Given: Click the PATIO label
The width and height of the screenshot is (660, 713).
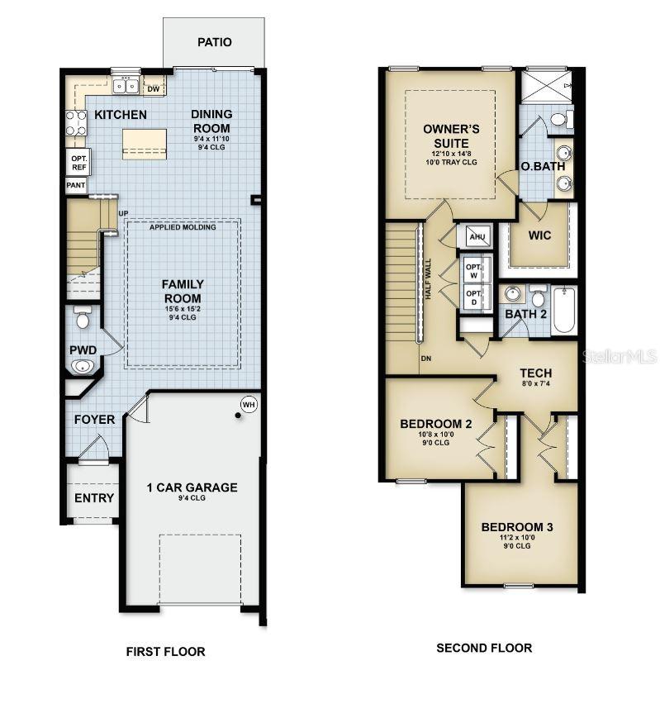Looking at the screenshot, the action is click(215, 42).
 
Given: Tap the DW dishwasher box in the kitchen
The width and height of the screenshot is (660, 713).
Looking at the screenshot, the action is click(154, 89).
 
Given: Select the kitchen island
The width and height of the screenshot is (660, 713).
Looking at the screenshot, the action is click(144, 144).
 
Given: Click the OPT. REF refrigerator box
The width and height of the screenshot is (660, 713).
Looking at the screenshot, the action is click(78, 163).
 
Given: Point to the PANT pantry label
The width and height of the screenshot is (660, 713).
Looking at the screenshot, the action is click(75, 185).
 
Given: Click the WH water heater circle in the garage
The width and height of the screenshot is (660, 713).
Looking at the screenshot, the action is click(249, 405).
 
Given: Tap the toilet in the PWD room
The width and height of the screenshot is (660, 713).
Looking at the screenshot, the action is click(83, 317).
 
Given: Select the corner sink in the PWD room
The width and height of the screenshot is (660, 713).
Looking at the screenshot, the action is click(83, 367).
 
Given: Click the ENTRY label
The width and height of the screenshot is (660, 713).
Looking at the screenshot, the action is click(94, 498).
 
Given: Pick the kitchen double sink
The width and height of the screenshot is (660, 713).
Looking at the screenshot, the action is click(126, 85).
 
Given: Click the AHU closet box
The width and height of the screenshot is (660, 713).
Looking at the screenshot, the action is click(477, 236).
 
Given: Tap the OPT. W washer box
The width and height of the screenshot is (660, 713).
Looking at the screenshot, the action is click(474, 270).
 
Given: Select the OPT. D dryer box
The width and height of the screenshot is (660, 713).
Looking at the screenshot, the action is click(474, 297).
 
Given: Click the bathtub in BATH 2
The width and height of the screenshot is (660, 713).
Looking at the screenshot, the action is click(563, 310).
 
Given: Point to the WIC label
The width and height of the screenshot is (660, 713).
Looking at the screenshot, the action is click(539, 235).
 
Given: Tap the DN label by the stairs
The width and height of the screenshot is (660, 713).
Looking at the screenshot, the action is click(426, 359).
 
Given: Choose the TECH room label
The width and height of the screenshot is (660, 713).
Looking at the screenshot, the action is click(536, 373).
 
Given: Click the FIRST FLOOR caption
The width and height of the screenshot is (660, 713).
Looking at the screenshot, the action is click(165, 652).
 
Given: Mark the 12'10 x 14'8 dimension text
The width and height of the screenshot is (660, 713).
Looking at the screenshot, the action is click(451, 154).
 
